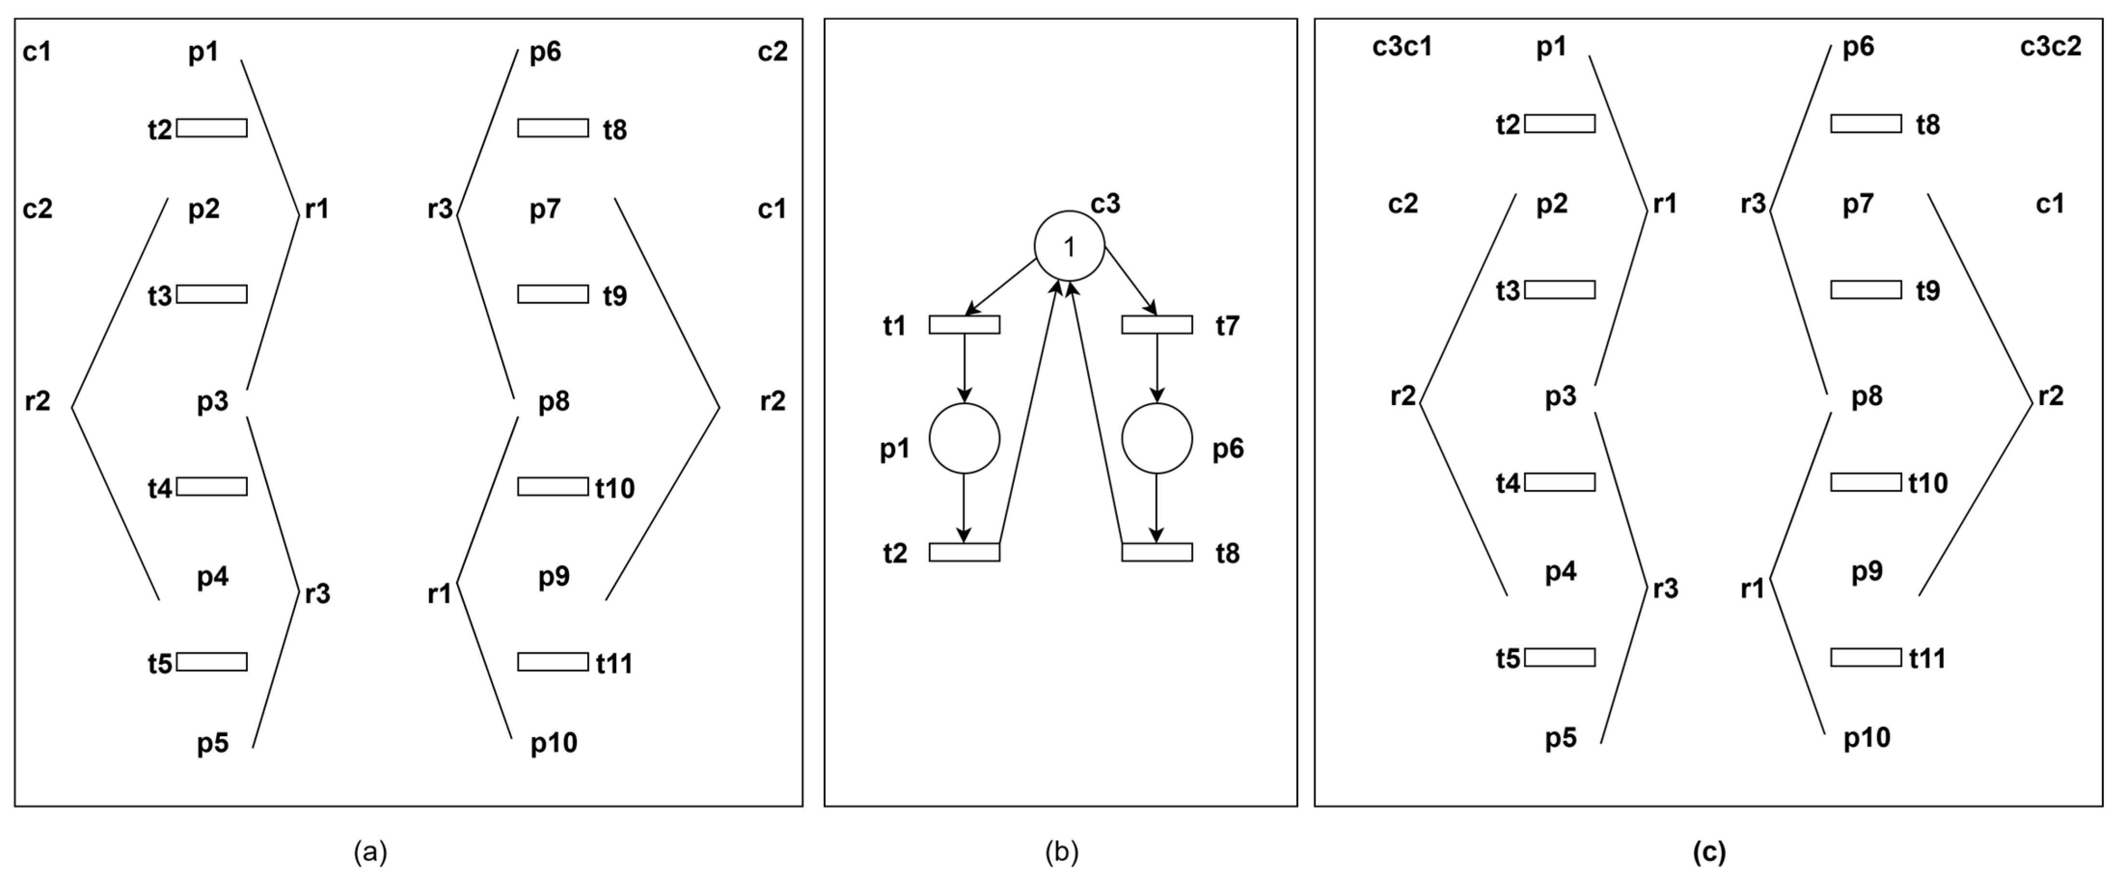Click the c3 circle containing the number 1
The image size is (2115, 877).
click(1069, 246)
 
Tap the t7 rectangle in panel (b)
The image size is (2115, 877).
click(1157, 324)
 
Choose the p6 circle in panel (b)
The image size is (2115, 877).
click(1157, 439)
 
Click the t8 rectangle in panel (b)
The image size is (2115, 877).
click(1157, 552)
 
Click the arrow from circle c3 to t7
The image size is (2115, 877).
click(1131, 280)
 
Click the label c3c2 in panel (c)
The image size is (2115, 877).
click(2050, 47)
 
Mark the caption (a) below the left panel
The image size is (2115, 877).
click(370, 852)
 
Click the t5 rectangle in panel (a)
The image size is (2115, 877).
click(212, 662)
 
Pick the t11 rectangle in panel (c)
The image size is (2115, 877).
click(1865, 657)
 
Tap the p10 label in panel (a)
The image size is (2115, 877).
click(554, 743)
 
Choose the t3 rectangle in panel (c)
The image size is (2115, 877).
click(1559, 290)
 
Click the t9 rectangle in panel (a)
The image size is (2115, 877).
click(553, 294)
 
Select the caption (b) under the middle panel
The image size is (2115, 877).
click(1061, 852)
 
